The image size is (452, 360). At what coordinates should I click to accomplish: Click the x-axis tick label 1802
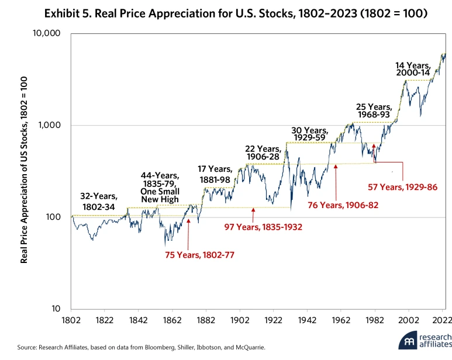tap(71, 321)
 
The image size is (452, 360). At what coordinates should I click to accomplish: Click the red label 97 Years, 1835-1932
tap(263, 226)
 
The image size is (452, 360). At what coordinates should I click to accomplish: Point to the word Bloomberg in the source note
tap(151, 347)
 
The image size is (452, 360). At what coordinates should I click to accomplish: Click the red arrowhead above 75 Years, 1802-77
tap(188, 221)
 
